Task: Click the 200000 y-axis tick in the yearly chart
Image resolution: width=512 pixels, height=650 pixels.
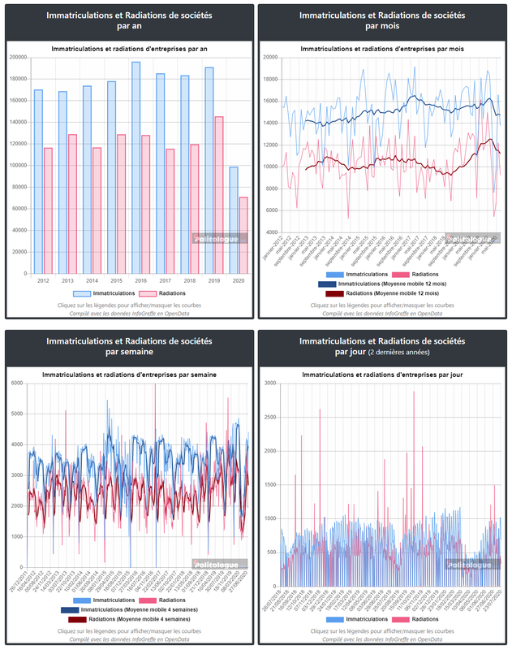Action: tap(18, 57)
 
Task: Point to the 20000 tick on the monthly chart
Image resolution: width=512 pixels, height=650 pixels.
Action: tap(271, 57)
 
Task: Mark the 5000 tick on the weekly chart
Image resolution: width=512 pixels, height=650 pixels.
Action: tap(16, 414)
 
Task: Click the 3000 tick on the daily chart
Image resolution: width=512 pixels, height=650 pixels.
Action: tap(270, 383)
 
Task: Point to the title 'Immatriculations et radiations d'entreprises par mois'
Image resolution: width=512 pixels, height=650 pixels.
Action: tap(383, 50)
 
